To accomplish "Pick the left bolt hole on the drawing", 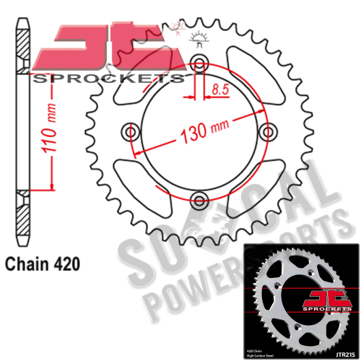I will point(131,131).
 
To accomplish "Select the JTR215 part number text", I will point(343,351).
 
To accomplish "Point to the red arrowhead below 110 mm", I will point(53,186).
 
